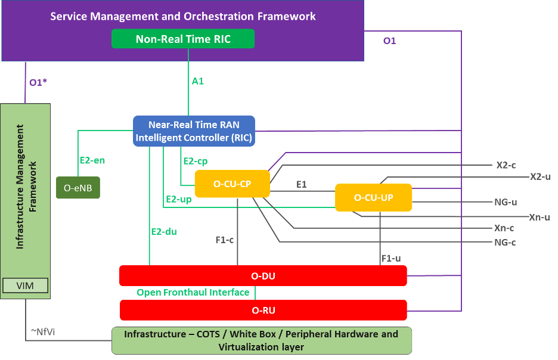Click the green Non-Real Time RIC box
[x=183, y=39]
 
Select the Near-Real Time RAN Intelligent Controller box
[x=194, y=131]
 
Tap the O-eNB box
[x=78, y=188]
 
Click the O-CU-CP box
[x=232, y=184]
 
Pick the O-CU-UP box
[x=373, y=197]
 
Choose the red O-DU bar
[x=263, y=275]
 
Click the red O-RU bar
[x=263, y=310]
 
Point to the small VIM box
[x=25, y=285]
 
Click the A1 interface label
[x=198, y=80]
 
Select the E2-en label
[x=92, y=160]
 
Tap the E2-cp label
[x=196, y=161]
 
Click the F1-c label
[x=225, y=240]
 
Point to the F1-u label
[x=391, y=258]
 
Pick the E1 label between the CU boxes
[x=302, y=184]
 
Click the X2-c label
[x=506, y=165]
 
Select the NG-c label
[x=505, y=242]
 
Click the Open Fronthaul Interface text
[x=193, y=293]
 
